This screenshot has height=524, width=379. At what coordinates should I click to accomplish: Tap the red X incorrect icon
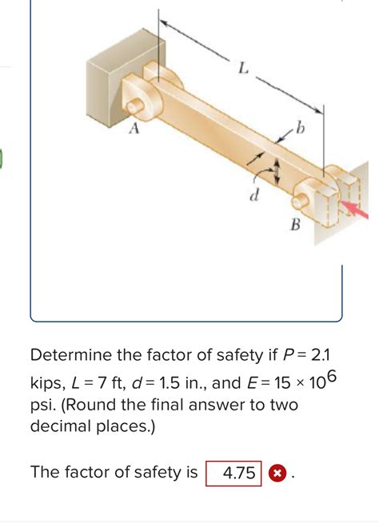pos(276,473)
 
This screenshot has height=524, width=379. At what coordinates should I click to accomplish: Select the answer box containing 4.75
pos(233,473)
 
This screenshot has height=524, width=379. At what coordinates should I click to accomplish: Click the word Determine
pos(77,355)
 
